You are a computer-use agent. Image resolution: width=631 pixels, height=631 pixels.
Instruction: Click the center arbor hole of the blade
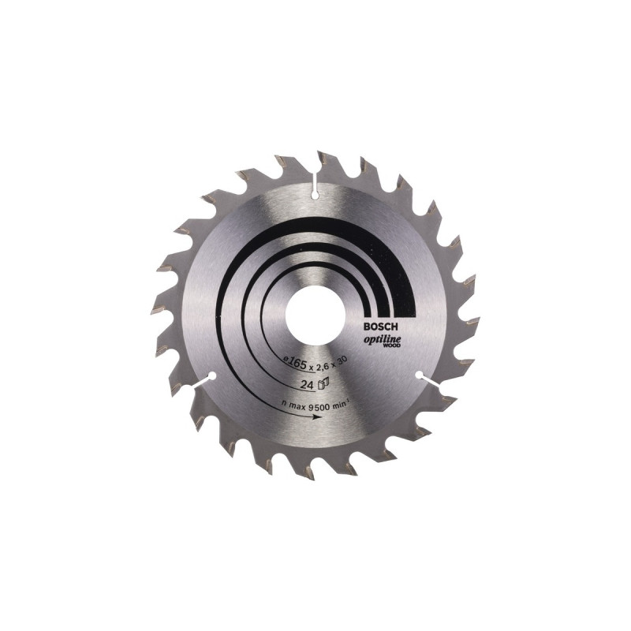(315, 315)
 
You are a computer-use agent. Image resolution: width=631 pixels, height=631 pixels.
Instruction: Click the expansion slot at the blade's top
(315, 186)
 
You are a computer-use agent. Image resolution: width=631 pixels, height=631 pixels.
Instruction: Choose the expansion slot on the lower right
(427, 380)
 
